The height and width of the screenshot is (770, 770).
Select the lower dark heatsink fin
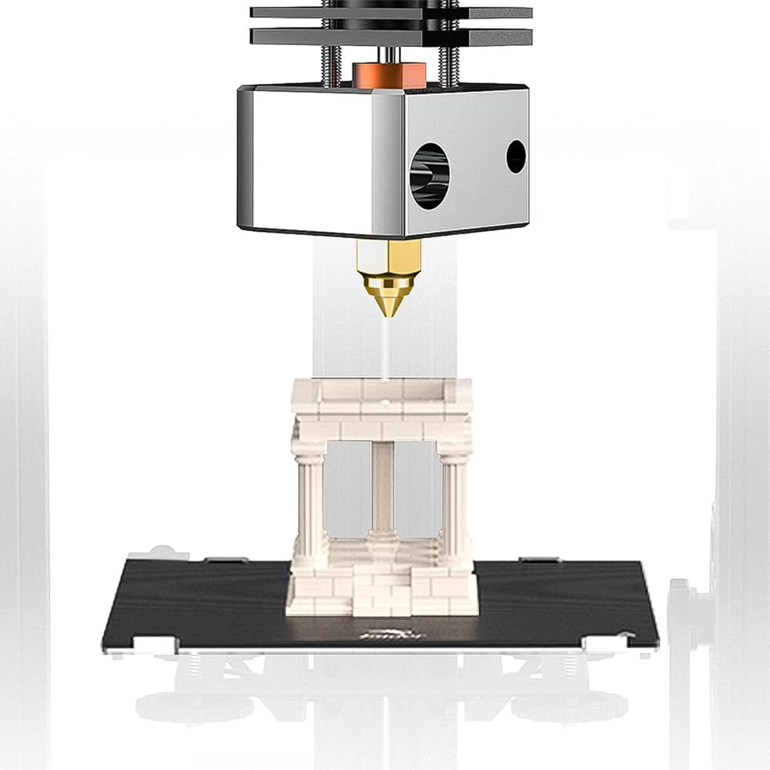390,36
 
